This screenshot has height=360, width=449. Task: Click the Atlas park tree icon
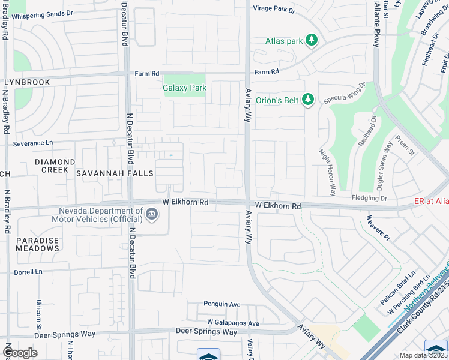(311, 40)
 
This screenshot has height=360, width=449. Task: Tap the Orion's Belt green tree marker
(308, 99)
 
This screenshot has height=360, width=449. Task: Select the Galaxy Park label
(184, 88)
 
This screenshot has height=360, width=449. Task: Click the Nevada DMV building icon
(151, 214)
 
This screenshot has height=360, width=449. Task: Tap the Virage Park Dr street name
(275, 10)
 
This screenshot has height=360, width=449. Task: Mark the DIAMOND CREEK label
(55, 166)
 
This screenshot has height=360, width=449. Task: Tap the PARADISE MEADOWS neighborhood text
(37, 244)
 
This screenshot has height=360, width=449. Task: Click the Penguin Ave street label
(221, 304)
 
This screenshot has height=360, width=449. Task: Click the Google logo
(20, 353)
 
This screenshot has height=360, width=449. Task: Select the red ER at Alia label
(432, 202)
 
